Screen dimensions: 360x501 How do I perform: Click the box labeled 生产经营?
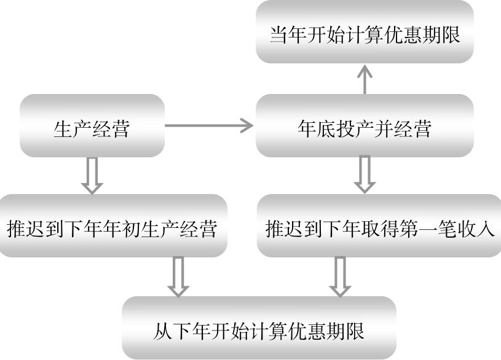point(92,127)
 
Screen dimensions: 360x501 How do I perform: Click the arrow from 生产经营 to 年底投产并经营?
point(210,127)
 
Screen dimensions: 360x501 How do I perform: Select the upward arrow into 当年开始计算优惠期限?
point(365,78)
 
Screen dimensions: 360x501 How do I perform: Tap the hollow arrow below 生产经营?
point(92,176)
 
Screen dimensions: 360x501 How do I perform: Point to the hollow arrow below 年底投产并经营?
point(365,174)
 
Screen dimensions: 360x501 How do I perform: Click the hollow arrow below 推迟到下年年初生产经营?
point(178,276)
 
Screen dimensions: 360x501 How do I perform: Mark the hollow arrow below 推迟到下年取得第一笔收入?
point(339,276)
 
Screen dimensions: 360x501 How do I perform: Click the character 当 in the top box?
point(279,34)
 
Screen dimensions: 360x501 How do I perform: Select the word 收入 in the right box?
point(475,229)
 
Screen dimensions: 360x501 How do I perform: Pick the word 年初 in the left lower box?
point(121,229)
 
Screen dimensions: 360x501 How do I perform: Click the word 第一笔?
point(428,229)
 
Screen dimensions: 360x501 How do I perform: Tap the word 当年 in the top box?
point(289,34)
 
